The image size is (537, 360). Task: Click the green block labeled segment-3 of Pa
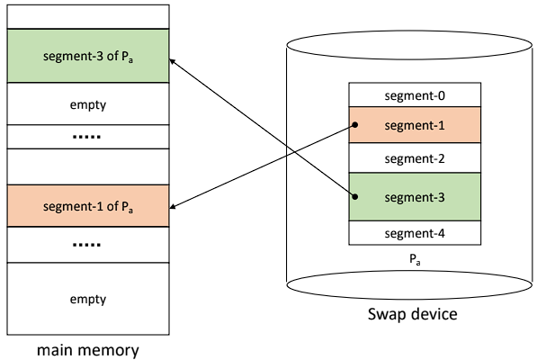click(x=88, y=56)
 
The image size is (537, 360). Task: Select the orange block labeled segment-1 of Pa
click(x=88, y=206)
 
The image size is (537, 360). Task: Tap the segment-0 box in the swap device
click(x=415, y=94)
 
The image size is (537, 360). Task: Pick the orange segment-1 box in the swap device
click(x=415, y=125)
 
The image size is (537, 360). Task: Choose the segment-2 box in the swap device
click(x=415, y=157)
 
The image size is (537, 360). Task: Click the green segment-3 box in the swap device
click(x=415, y=197)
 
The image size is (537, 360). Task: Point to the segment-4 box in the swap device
click(x=415, y=233)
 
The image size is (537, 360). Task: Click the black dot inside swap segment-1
click(x=355, y=125)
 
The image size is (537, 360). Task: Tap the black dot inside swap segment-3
click(x=355, y=196)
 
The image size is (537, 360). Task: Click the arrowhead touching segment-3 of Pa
click(x=172, y=61)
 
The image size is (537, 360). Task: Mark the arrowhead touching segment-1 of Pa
click(x=173, y=207)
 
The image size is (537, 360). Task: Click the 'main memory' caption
click(x=88, y=350)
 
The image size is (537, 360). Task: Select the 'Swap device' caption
click(x=412, y=314)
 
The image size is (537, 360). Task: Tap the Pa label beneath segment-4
click(x=415, y=259)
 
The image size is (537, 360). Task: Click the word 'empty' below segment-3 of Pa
click(x=88, y=104)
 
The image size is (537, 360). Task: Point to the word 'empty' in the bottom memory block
click(x=88, y=299)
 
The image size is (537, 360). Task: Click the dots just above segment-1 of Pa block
click(x=87, y=137)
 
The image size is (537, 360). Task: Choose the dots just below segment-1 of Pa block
click(x=87, y=245)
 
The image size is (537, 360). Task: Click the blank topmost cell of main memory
click(x=88, y=16)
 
